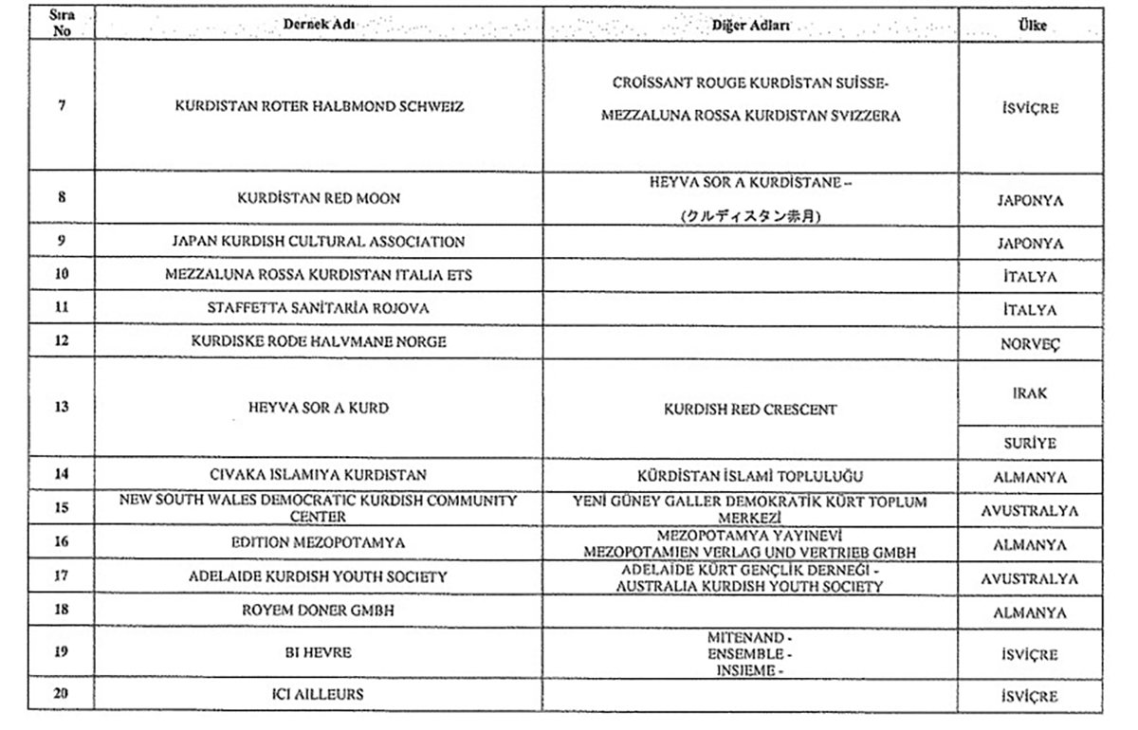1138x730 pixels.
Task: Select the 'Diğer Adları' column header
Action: (750, 25)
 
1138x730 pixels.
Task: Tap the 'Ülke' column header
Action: (1032, 26)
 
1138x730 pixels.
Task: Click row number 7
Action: (62, 105)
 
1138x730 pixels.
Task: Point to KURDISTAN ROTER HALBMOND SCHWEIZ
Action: (319, 106)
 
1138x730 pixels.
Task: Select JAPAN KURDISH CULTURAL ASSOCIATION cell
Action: (319, 242)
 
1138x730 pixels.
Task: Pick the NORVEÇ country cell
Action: (1030, 344)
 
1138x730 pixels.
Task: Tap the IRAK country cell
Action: (1030, 393)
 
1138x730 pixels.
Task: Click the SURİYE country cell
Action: (1030, 443)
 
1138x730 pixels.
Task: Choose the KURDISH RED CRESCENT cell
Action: (750, 411)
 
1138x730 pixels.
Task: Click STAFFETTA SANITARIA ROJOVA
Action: (319, 308)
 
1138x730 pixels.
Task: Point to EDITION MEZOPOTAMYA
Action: (319, 543)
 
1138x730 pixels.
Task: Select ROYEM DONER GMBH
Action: (319, 611)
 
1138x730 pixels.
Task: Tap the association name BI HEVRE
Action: (319, 653)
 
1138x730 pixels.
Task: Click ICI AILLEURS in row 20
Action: (319, 695)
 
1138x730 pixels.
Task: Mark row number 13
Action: (62, 408)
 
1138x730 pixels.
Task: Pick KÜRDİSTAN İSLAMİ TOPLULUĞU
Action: (750, 475)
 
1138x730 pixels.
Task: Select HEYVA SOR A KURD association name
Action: (319, 408)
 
